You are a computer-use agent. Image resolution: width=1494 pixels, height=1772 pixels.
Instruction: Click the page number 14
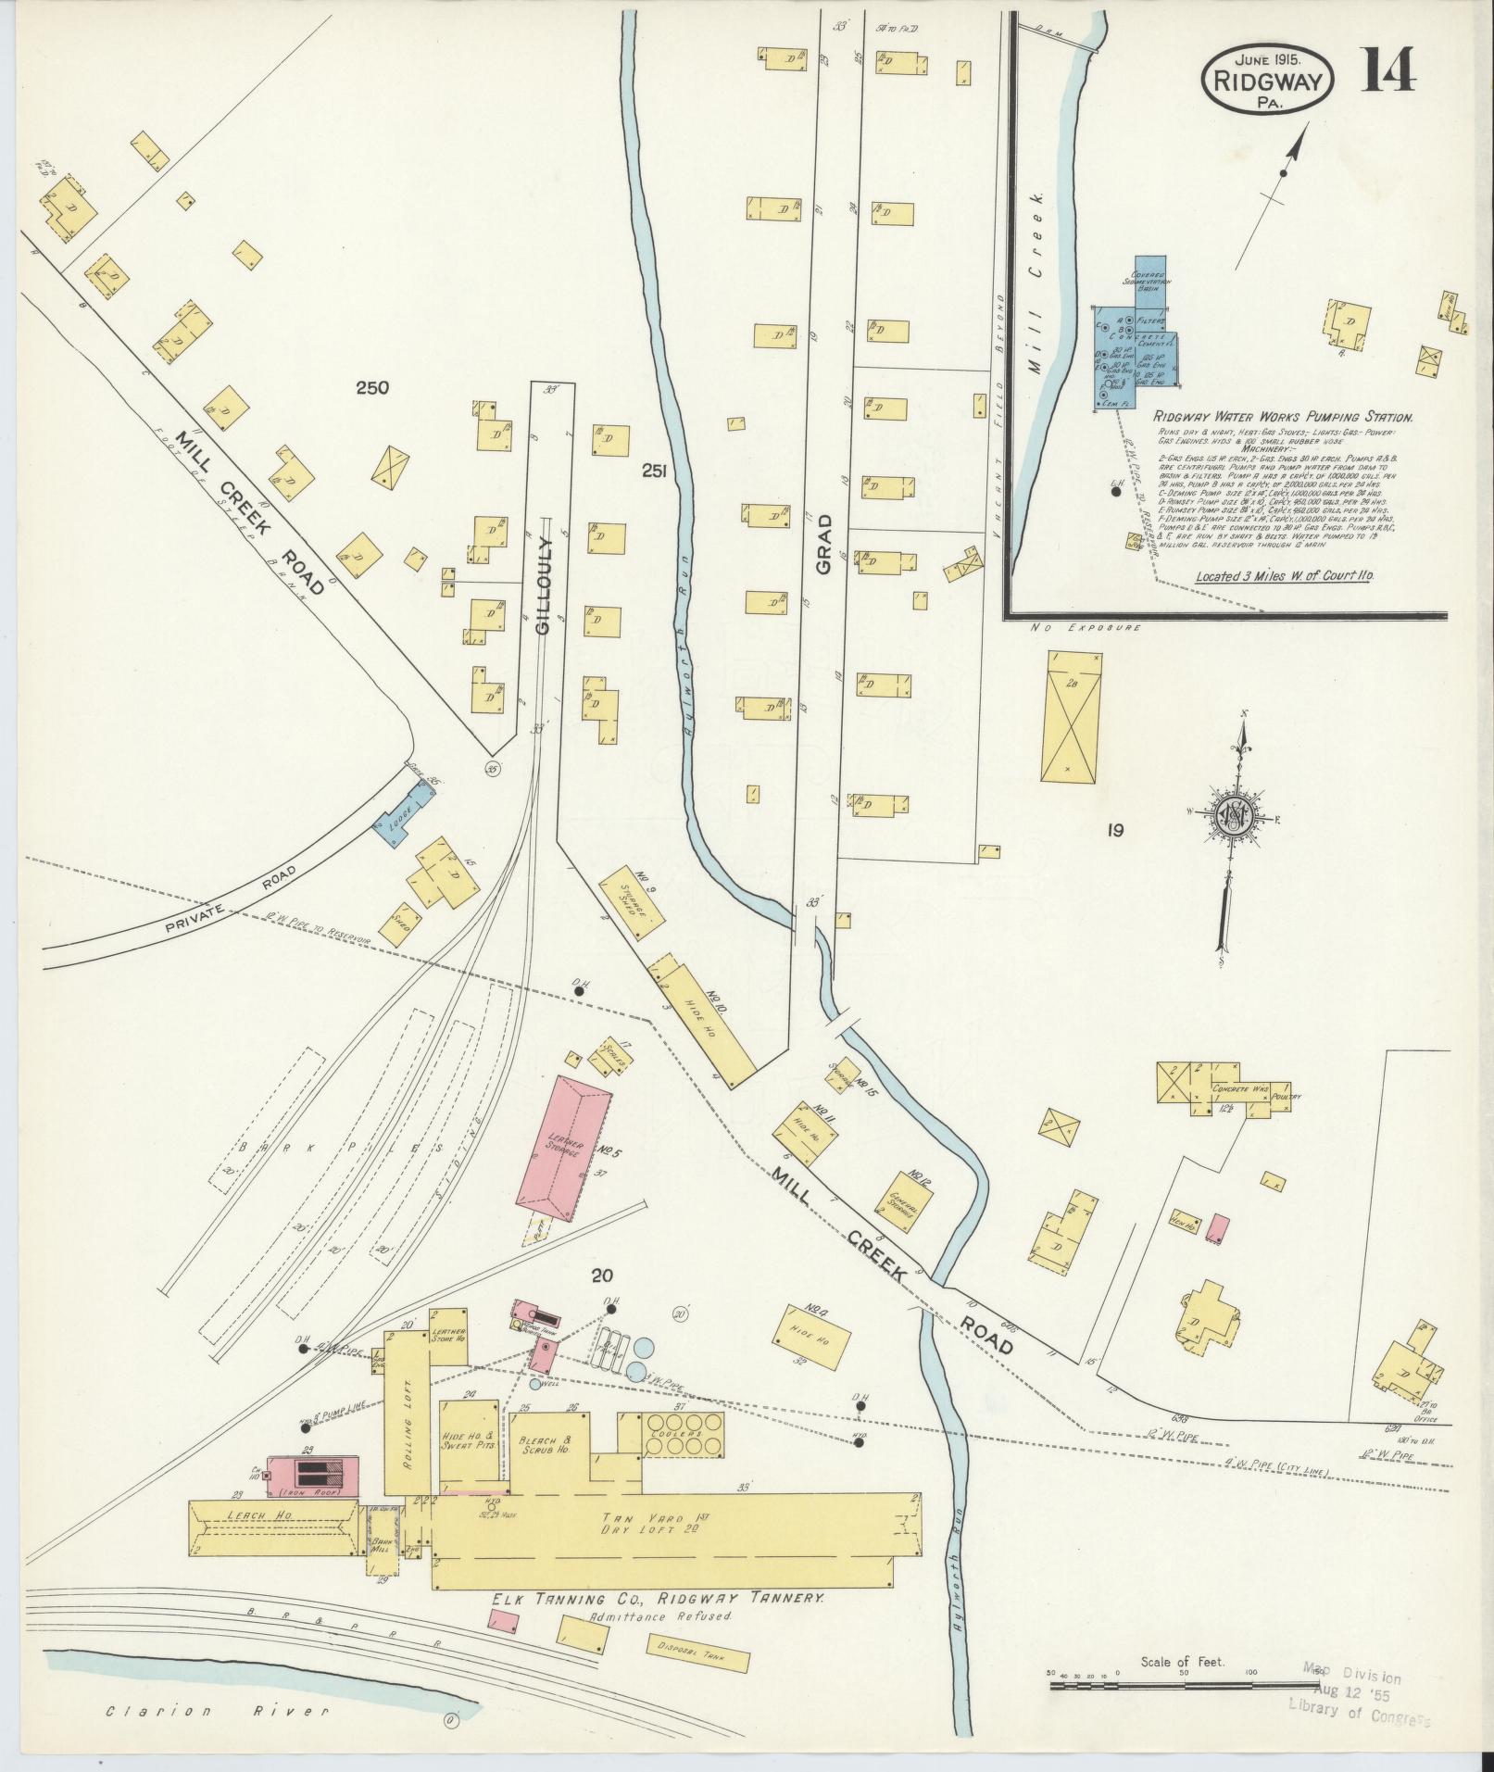click(1387, 70)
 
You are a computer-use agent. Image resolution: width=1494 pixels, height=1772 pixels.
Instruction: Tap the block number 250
click(372, 388)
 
